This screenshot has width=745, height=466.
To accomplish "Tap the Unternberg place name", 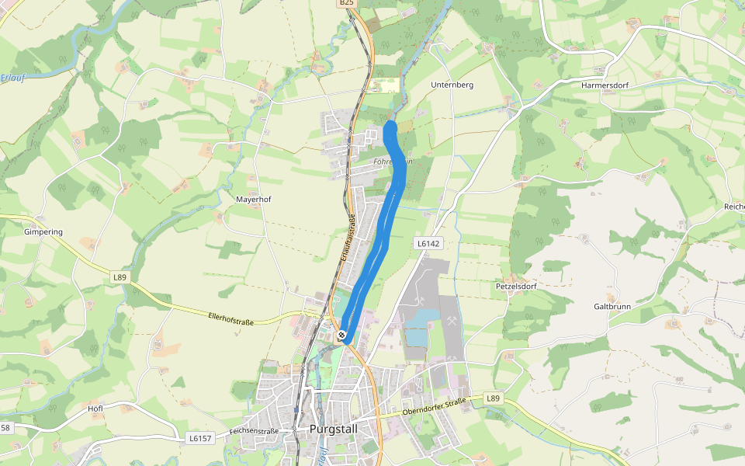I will (x=452, y=85).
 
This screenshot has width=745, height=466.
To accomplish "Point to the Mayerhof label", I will (x=254, y=200).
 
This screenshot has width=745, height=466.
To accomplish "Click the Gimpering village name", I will (x=43, y=231).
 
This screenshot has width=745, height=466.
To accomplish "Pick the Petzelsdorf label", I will (x=516, y=286).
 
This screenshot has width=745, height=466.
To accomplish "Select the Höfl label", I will (x=96, y=408).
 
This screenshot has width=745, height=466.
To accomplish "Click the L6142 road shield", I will (x=428, y=243).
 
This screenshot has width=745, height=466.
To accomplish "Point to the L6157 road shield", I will (x=200, y=438).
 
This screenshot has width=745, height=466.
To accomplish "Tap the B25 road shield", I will (x=346, y=4).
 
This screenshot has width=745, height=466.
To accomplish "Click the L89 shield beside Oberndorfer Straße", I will (x=493, y=398).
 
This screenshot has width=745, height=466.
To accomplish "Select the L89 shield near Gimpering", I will (x=119, y=277).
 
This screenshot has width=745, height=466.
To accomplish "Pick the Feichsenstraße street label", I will (x=254, y=430).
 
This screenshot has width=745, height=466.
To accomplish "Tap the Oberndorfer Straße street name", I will (x=434, y=406).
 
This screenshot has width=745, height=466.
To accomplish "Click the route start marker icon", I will (x=342, y=336).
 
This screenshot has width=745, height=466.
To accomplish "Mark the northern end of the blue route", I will (x=390, y=127).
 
